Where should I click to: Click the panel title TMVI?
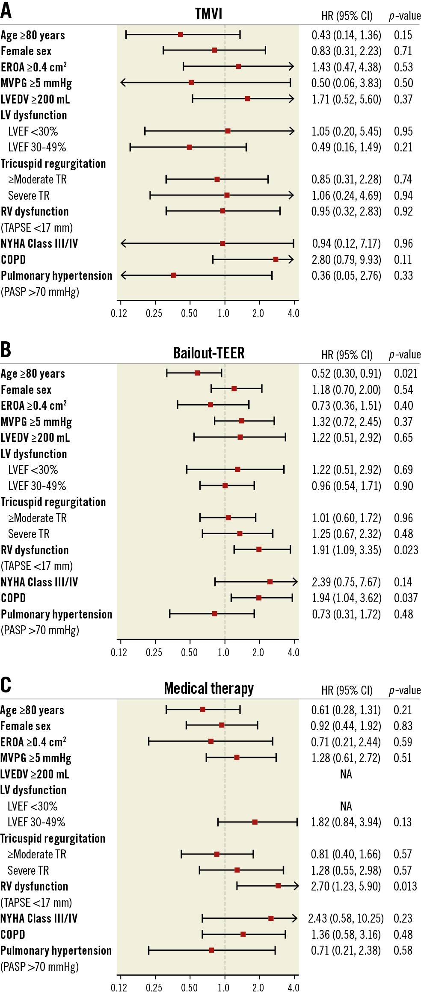tap(208, 14)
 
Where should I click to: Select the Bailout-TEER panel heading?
tap(208, 353)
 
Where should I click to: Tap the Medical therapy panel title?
tap(208, 688)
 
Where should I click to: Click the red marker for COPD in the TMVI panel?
tap(276, 260)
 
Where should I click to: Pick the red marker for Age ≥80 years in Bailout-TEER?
tap(197, 373)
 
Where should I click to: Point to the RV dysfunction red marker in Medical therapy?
tap(278, 886)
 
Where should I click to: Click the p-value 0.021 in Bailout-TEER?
tap(405, 373)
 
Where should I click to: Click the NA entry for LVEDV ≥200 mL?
tap(346, 774)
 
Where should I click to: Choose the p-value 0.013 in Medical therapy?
tap(405, 886)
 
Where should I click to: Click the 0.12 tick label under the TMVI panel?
tap(119, 314)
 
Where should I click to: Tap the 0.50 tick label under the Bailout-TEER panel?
tap(189, 652)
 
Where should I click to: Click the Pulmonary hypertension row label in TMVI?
tap(56, 276)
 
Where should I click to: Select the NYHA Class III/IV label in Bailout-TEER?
tap(39, 582)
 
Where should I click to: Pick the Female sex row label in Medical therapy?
tap(26, 726)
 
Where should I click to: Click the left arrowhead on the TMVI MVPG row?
tap(122, 82)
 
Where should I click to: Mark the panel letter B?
tap(6, 349)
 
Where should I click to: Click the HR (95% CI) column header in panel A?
tap(347, 16)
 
